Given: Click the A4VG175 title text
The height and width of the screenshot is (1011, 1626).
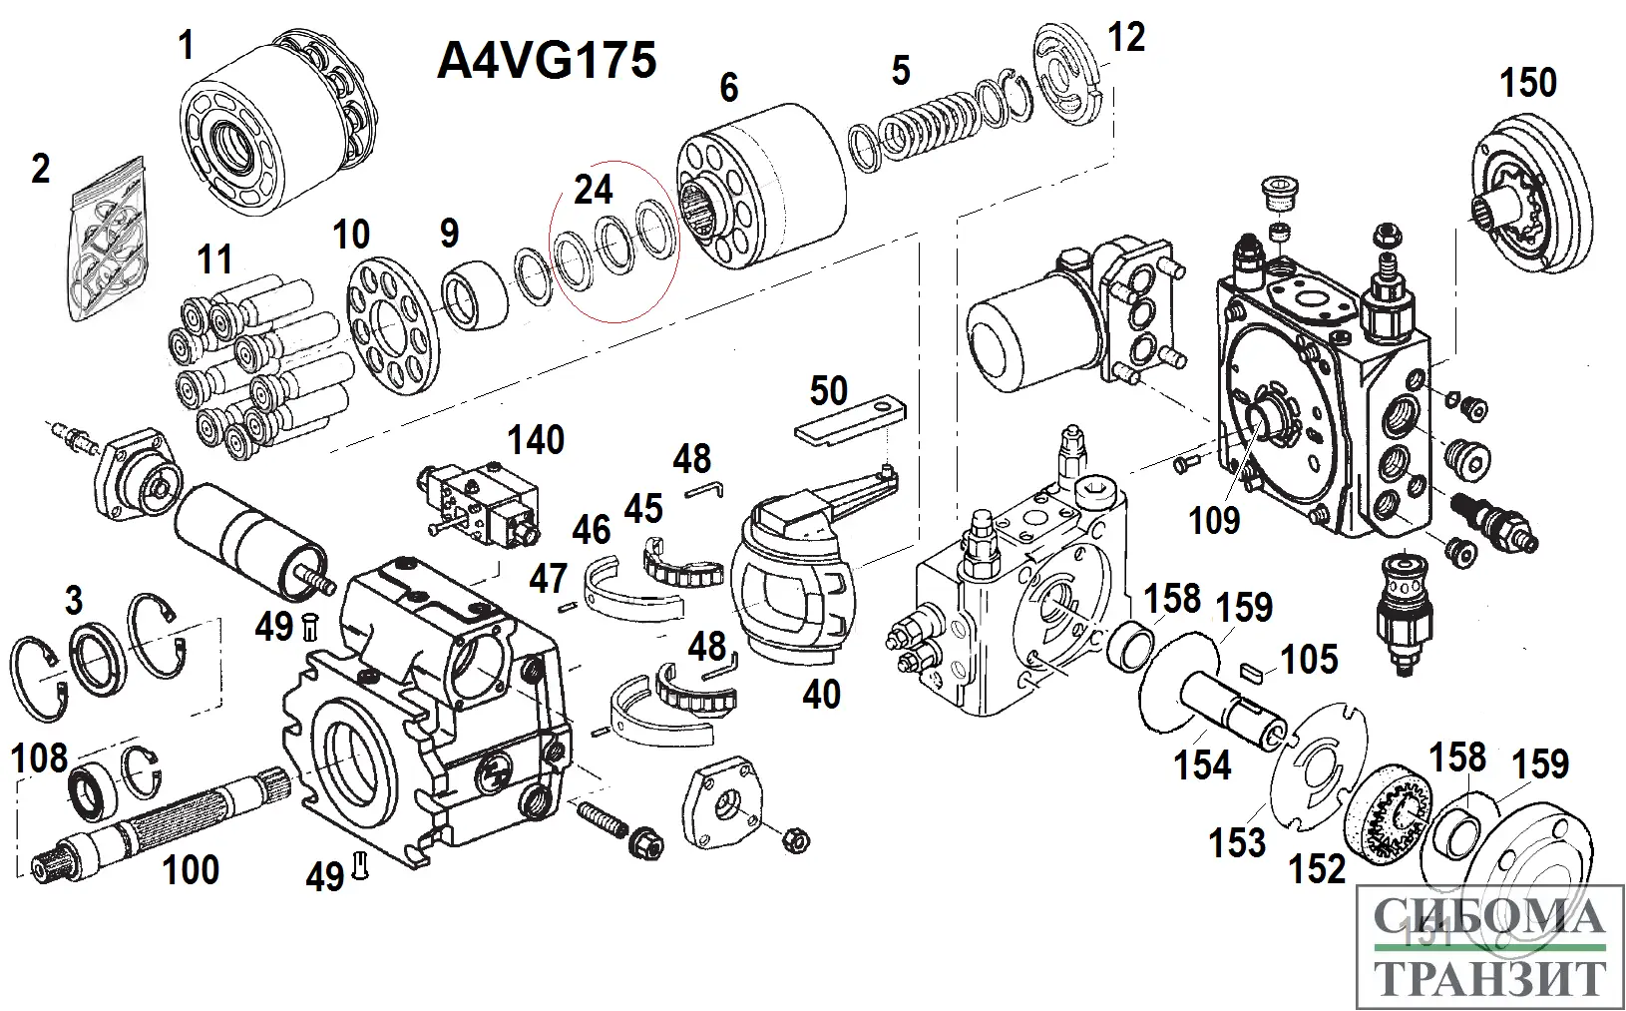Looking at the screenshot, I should (547, 61).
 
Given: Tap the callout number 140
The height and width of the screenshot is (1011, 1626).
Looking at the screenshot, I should (537, 440).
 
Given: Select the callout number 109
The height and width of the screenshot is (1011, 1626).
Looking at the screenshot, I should (1214, 520).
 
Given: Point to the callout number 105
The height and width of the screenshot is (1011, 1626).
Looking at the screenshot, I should (1309, 659).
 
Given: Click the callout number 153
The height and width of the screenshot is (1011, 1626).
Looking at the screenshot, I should (1237, 843).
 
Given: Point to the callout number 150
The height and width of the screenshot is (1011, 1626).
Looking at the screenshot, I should (1528, 83).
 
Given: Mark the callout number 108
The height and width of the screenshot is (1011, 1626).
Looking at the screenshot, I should (40, 758).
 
